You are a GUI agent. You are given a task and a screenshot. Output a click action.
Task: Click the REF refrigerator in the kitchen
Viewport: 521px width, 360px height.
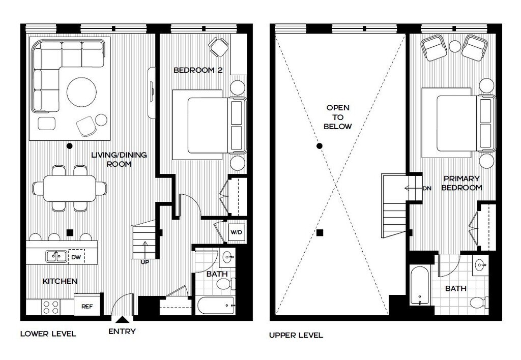tap(87, 304)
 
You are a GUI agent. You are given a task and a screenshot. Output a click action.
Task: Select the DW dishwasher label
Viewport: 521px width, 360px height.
tap(76, 257)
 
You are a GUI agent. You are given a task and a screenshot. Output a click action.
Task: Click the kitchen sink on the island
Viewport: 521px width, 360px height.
tap(56, 256)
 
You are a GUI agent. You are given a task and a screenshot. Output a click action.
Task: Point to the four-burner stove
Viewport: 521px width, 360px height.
tap(51, 307)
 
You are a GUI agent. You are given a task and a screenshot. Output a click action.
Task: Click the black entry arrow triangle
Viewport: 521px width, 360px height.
tap(122, 320)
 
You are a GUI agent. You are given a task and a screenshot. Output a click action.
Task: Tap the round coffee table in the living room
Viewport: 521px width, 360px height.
tap(82, 92)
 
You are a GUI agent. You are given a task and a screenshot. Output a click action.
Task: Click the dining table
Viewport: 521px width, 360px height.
tap(70, 188)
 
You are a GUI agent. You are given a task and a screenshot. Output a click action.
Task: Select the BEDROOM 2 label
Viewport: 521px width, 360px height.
tap(198, 70)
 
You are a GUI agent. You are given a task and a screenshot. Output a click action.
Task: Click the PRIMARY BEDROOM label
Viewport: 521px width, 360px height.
tap(461, 183)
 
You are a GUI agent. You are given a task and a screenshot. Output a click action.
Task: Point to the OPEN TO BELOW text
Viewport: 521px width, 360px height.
tap(338, 117)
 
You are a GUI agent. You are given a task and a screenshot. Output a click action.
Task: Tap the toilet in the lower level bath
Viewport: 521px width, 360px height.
tap(226, 284)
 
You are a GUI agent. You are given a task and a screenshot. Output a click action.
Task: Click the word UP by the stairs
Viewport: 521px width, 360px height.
tap(145, 262)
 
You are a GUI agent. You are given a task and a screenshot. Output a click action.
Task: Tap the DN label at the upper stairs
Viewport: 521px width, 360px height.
tap(427, 188)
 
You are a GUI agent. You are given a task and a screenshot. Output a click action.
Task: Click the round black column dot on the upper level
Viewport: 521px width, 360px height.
tap(320, 146)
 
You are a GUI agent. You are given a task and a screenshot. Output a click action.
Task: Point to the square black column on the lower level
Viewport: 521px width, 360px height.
tap(70, 233)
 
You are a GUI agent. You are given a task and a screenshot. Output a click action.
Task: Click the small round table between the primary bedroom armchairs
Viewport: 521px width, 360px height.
tap(455, 46)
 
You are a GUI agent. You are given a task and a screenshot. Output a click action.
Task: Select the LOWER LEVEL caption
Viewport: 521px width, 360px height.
tap(48, 334)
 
